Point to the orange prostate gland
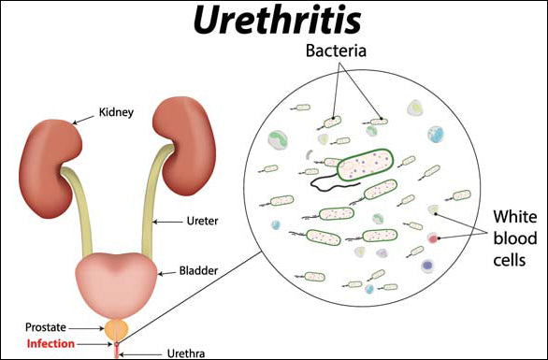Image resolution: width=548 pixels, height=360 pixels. pyautogui.click(x=116, y=328)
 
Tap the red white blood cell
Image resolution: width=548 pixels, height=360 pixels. pyautogui.click(x=433, y=239)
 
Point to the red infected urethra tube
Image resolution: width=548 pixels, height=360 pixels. pyautogui.click(x=116, y=349)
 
